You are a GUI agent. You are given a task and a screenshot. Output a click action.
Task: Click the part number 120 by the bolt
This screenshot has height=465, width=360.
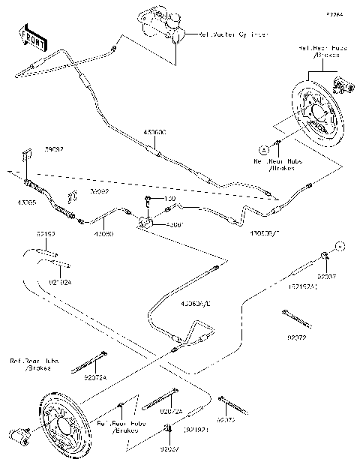coord(169,199)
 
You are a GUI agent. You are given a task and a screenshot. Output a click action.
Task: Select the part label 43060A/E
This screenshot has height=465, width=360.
coord(197,304)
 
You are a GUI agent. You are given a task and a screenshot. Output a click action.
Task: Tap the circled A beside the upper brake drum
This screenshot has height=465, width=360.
coord(264,148)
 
